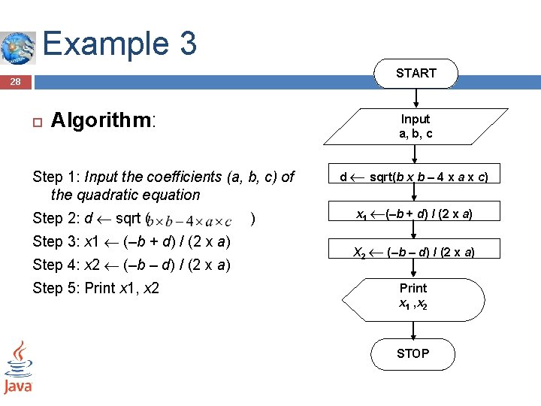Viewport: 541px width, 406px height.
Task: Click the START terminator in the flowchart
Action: tap(416, 73)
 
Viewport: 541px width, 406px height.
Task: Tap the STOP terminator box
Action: tap(413, 353)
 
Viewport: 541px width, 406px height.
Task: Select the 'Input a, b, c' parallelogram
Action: tap(415, 126)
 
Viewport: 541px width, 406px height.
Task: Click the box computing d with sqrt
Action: tap(414, 177)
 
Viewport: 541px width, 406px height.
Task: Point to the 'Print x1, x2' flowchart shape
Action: tap(413, 296)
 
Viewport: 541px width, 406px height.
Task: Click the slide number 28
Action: tap(16, 82)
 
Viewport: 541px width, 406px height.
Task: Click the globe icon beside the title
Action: tap(17, 47)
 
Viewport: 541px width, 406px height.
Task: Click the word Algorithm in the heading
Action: tap(101, 120)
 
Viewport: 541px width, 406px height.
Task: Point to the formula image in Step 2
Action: tap(192, 220)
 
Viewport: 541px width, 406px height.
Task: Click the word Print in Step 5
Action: tap(101, 288)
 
